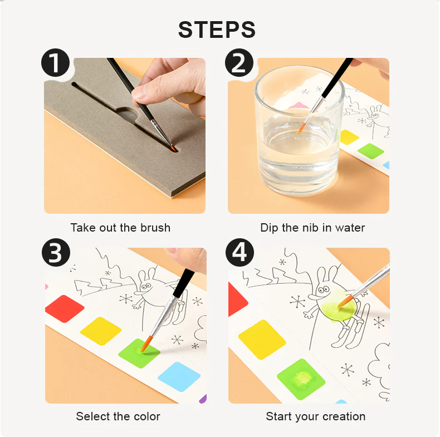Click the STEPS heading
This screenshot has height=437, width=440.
pyautogui.click(x=217, y=30)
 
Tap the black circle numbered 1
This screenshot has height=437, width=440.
pyautogui.click(x=55, y=62)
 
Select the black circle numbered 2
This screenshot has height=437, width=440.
pyautogui.click(x=239, y=62)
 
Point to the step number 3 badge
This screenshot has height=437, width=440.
pyautogui.click(x=56, y=252)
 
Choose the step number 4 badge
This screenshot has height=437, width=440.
pyautogui.click(x=239, y=252)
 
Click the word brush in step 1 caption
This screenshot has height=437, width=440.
pyautogui.click(x=155, y=228)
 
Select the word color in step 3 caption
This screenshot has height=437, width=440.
pyautogui.click(x=147, y=416)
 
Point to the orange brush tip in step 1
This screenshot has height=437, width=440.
pyautogui.click(x=173, y=148)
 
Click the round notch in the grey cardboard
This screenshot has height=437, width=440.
pyautogui.click(x=128, y=115)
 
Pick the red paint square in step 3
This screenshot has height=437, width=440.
pyautogui.click(x=65, y=308)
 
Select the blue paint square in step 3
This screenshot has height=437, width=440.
pyautogui.click(x=179, y=377)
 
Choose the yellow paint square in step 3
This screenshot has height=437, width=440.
pyautogui.click(x=101, y=331)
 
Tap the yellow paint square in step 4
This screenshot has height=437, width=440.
pyautogui.click(x=262, y=340)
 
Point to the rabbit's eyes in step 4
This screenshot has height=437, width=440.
pyautogui.click(x=324, y=289)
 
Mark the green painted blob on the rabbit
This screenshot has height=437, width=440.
pyautogui.click(x=337, y=307)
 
